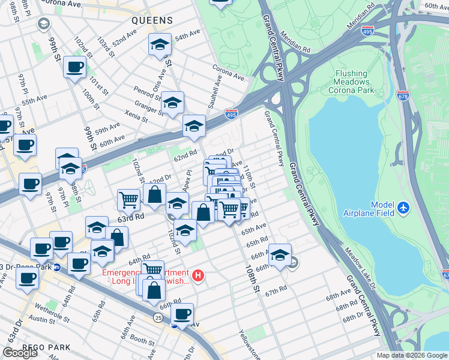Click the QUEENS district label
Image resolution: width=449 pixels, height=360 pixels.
pos(152,20)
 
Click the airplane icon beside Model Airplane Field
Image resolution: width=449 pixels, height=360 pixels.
pos(403,208)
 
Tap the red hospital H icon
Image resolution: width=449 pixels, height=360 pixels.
pos(199,276)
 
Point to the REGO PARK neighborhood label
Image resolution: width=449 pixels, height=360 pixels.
pos(46,347)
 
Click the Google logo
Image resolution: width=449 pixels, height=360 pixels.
pos(20,353)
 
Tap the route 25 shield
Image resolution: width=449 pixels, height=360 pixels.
pos(158,316)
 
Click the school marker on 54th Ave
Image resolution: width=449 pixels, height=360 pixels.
pos(160,45)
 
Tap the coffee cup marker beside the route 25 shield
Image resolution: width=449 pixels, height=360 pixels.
pos(182,313)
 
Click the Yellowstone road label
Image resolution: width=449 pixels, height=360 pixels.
pos(249,343)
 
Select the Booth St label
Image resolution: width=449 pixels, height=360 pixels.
pos(142,340)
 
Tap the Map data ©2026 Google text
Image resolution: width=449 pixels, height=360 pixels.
pos(411,355)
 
